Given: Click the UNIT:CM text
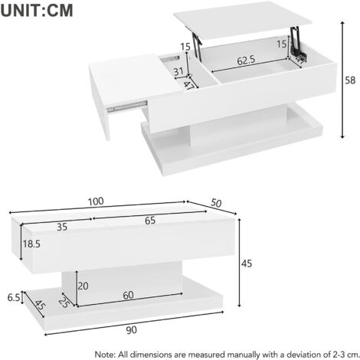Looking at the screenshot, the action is click(37, 10).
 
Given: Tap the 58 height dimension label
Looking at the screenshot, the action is click(350, 80).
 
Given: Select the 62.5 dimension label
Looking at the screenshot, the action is click(246, 61).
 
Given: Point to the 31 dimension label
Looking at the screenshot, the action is click(178, 72).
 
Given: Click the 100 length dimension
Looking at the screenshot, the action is click(96, 201).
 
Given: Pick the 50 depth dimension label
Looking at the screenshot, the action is click(216, 203).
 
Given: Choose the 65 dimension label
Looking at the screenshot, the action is click(150, 221).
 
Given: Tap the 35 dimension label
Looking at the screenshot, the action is click(62, 227).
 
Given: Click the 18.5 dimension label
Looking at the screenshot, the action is click(31, 244).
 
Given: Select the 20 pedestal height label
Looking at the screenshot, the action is click(83, 286).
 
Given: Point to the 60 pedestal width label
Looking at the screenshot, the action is click(128, 295).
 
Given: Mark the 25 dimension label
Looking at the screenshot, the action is click(64, 303).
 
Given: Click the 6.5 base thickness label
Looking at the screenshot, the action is click(14, 297).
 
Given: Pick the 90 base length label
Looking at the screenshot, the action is click(131, 330).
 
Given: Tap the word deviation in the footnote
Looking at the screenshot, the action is click(303, 355).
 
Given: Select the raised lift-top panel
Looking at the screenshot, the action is click(243, 20).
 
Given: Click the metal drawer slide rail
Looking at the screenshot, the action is click(127, 106).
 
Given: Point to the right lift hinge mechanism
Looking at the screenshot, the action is click(297, 41).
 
